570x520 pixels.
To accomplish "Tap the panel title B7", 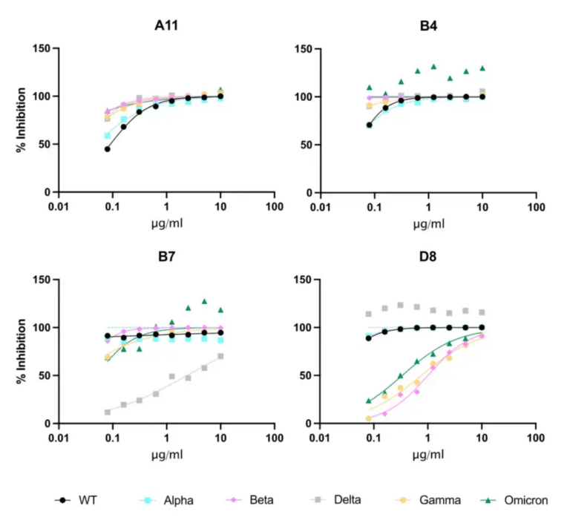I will click(166, 257).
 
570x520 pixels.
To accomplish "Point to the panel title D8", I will click(428, 257).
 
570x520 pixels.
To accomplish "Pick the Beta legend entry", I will click(261, 501).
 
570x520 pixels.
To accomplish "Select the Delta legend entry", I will click(347, 501).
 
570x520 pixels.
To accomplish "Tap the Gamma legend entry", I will click(442, 501).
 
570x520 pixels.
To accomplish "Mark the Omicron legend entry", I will click(531, 501).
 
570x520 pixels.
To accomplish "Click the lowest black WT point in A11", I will click(108, 149).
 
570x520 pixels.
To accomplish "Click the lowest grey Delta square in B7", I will click(108, 412).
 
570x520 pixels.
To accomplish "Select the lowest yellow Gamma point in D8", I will click(369, 418).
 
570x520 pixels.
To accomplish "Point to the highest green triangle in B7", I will click(203, 301).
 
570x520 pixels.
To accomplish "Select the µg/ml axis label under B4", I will click(428, 225).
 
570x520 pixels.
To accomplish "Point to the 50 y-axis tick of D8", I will click(304, 375).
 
